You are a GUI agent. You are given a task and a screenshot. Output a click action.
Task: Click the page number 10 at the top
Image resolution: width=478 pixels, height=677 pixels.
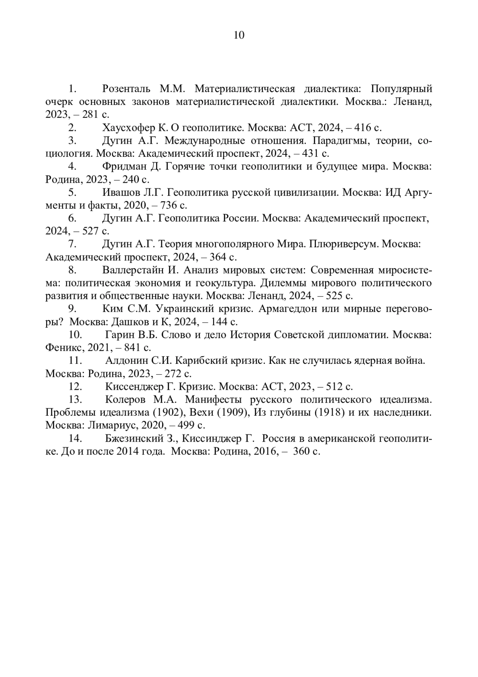[239, 36]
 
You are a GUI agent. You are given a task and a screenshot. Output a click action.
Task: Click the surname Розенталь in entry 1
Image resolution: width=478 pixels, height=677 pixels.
[126, 88]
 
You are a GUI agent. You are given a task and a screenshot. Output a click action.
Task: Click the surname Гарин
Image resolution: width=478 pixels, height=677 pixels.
[118, 334]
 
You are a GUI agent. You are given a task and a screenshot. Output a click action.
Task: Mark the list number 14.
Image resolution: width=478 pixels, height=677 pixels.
[76, 439]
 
